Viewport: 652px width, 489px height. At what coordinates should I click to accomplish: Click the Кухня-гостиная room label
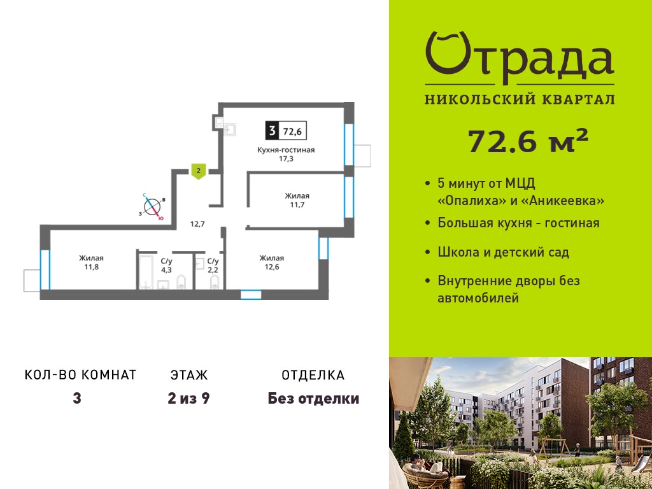coord(286,150)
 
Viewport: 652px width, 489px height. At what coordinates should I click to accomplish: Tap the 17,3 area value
coord(286,159)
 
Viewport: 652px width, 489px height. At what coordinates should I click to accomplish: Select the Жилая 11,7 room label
coord(297,200)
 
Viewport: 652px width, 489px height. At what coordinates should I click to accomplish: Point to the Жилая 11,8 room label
coord(92,262)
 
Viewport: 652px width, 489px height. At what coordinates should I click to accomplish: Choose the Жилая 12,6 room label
coord(272,262)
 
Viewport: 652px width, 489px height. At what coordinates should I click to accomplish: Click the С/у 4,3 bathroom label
coord(166,266)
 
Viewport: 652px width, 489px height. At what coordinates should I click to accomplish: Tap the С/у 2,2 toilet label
coord(213,266)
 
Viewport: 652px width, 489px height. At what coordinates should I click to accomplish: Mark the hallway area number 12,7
coord(197,223)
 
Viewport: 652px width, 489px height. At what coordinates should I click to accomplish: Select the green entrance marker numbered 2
coord(199,171)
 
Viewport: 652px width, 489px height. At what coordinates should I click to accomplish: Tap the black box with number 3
coord(272,131)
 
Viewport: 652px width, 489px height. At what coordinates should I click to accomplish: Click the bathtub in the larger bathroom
coord(146,272)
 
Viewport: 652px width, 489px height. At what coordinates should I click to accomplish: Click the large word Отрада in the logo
coord(520,58)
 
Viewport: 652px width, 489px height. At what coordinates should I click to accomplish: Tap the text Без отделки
coord(313,399)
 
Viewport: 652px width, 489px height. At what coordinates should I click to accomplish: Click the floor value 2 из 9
coord(188,399)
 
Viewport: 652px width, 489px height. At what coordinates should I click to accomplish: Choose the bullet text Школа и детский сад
coord(503,252)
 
